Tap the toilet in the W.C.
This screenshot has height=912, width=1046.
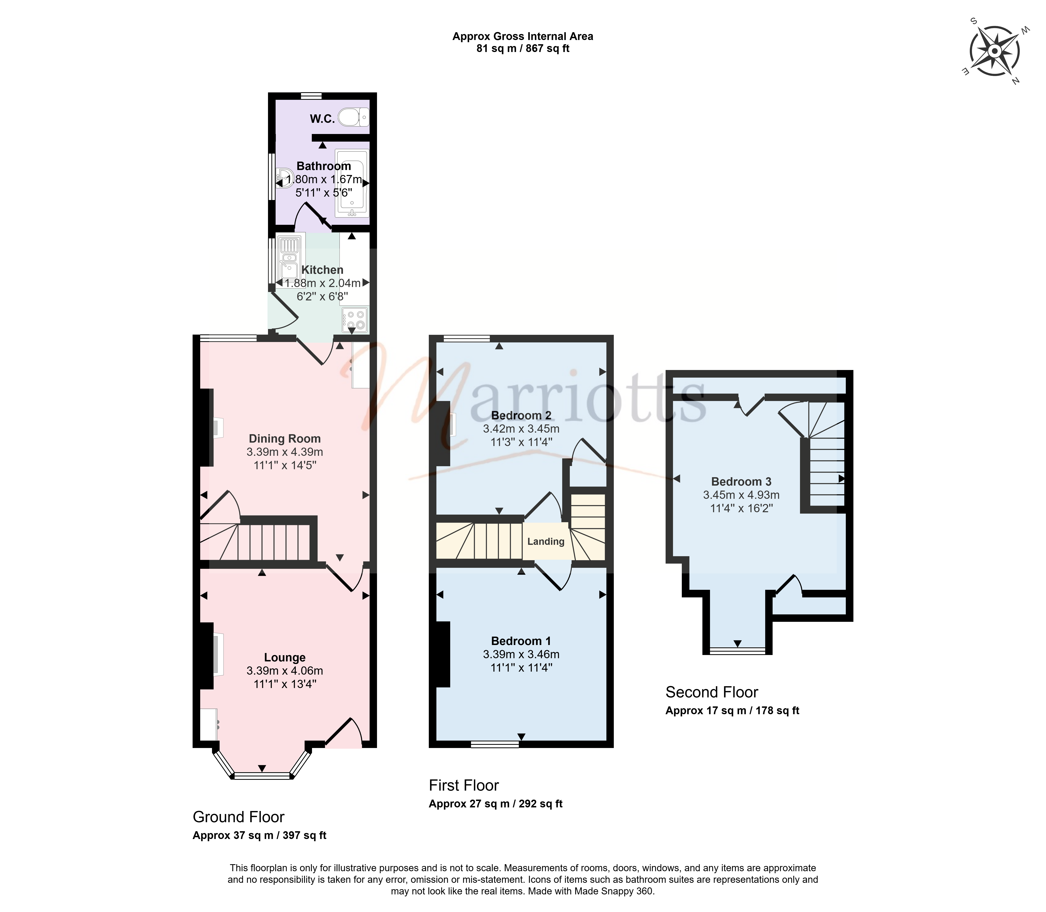coord(353,117)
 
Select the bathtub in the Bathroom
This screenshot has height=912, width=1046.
coord(351,183)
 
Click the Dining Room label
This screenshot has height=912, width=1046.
coord(285,439)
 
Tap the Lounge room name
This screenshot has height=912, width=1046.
coord(285,658)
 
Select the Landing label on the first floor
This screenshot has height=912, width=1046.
coord(546,542)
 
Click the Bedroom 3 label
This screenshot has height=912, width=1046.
coord(741,481)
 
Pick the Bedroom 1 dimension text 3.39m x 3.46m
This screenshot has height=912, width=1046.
coord(521,654)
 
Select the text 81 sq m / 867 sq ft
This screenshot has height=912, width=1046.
coord(523,49)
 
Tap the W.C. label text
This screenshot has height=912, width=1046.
coord(322,119)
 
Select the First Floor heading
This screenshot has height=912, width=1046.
coord(464,785)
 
